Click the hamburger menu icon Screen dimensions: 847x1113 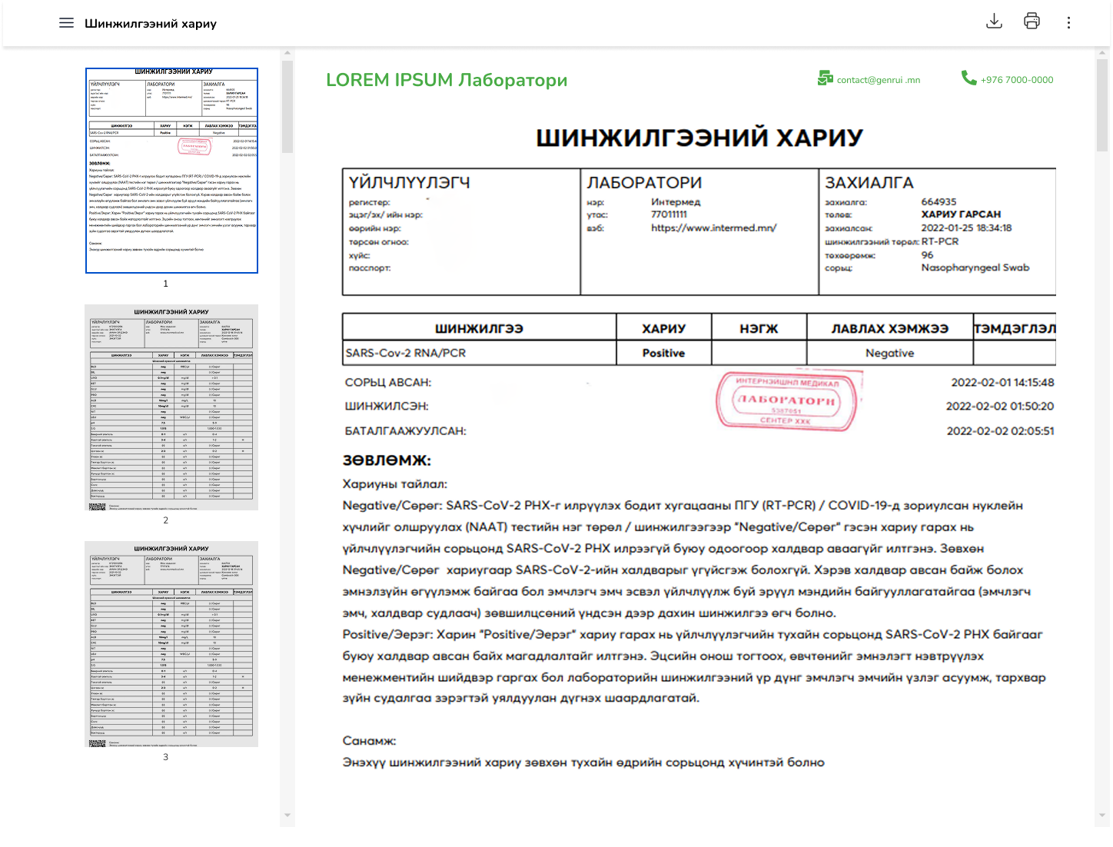(66, 23)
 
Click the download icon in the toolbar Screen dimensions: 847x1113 (994, 22)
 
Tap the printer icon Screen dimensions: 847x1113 (1032, 22)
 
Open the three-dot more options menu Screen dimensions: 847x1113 (1068, 23)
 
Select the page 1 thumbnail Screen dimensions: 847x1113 (171, 171)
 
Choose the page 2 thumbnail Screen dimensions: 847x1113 (171, 407)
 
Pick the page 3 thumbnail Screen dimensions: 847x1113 (171, 644)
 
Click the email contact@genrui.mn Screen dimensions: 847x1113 (878, 80)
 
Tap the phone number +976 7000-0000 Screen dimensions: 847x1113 (1016, 80)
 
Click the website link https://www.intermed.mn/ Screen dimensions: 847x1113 (713, 228)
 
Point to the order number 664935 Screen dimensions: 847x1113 (939, 201)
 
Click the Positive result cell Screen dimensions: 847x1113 (663, 353)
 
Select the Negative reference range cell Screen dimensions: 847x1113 (889, 353)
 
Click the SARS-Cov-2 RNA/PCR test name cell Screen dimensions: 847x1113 (406, 353)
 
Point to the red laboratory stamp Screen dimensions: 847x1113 (786, 400)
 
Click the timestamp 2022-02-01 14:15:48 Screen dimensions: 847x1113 (1002, 382)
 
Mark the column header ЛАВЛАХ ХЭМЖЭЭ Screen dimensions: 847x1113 (889, 328)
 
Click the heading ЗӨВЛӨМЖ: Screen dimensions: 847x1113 (387, 461)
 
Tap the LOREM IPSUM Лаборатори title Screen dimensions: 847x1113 (447, 80)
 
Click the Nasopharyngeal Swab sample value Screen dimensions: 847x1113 (975, 267)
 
